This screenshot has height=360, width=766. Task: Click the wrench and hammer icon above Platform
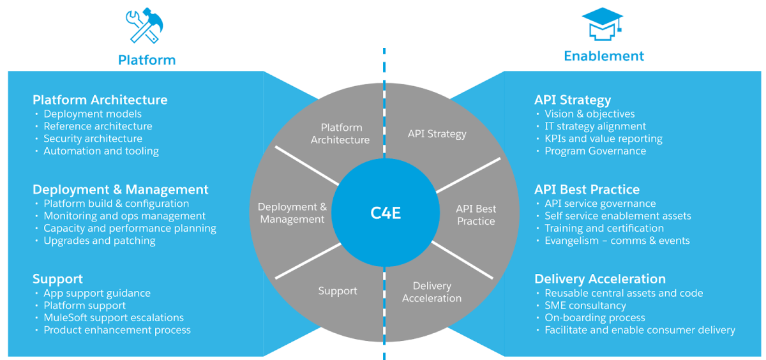point(146,27)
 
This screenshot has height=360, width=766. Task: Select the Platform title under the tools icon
point(147,60)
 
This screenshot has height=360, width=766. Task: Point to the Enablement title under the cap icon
point(604,56)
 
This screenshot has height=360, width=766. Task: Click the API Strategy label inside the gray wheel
point(437,134)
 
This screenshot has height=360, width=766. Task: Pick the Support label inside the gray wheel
point(338,291)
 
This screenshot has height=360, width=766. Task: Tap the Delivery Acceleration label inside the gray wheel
point(432,292)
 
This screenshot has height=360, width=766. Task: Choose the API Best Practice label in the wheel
point(476,214)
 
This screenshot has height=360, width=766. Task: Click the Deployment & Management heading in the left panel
point(121,190)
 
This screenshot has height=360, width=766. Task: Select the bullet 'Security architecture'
point(93,139)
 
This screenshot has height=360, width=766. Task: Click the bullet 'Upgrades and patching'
point(100,241)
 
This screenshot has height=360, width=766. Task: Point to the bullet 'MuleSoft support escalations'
point(114,317)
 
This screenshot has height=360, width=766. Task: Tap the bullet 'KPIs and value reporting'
point(603,139)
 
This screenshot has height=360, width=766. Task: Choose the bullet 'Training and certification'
point(604,228)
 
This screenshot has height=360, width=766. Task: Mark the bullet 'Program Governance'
point(595,151)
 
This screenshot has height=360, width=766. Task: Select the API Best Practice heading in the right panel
point(587,190)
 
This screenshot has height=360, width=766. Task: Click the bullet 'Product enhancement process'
point(117,330)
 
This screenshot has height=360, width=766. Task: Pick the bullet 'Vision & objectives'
point(589,114)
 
